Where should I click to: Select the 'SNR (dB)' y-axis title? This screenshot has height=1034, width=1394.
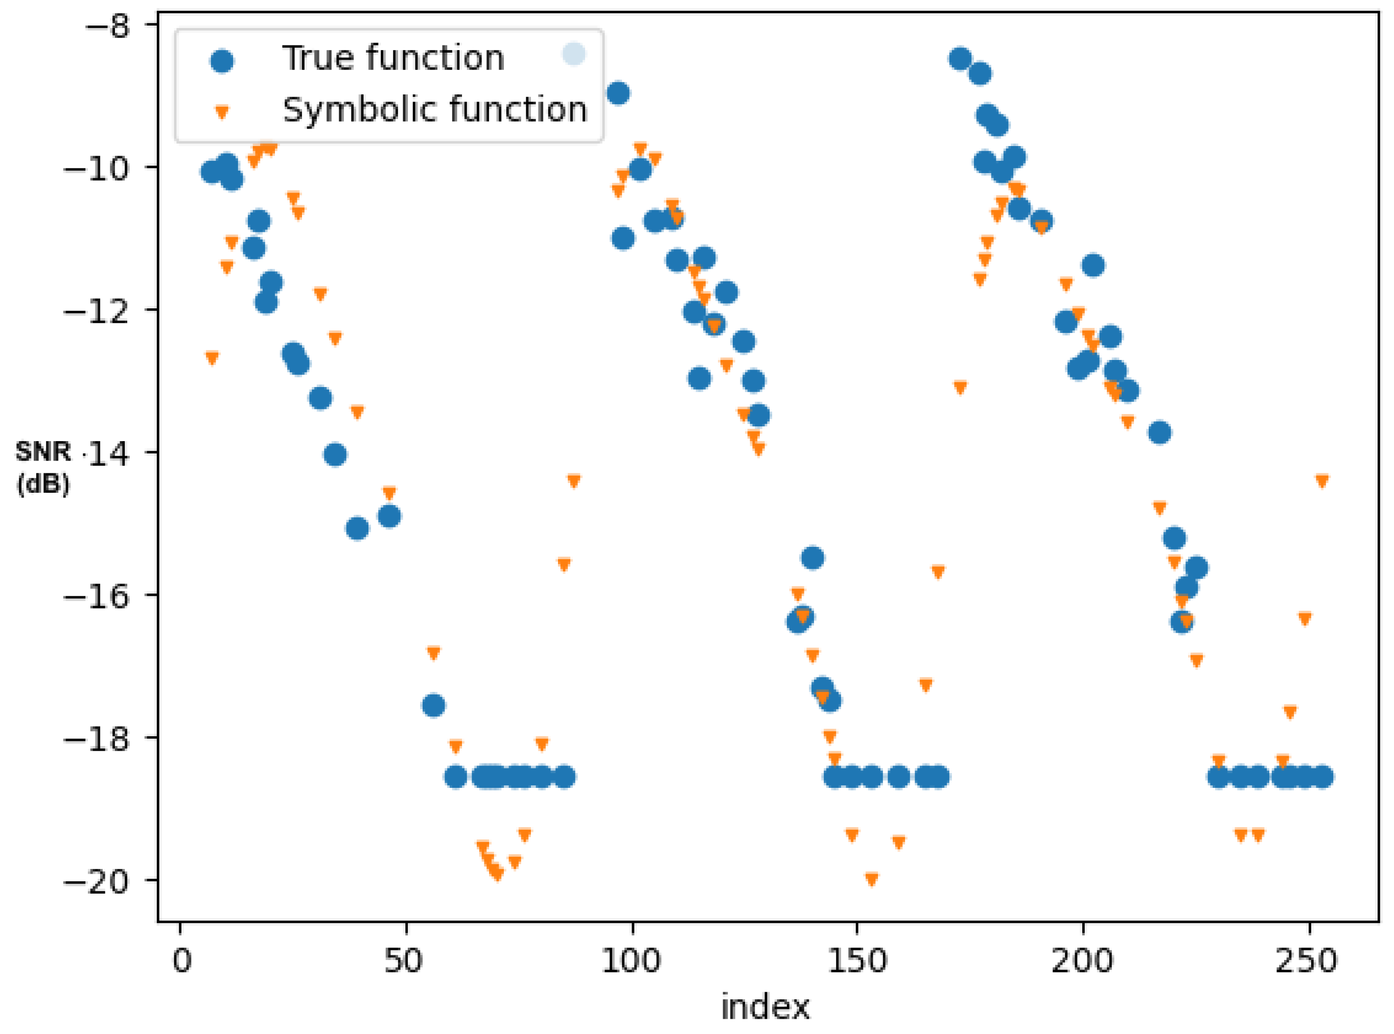42,468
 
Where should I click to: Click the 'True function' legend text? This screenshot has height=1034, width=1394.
393,58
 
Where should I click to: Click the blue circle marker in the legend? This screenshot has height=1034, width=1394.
222,61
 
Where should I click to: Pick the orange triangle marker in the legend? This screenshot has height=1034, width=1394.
222,113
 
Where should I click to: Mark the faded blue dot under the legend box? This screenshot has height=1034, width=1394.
574,54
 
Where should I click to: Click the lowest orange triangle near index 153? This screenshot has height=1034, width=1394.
871,879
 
